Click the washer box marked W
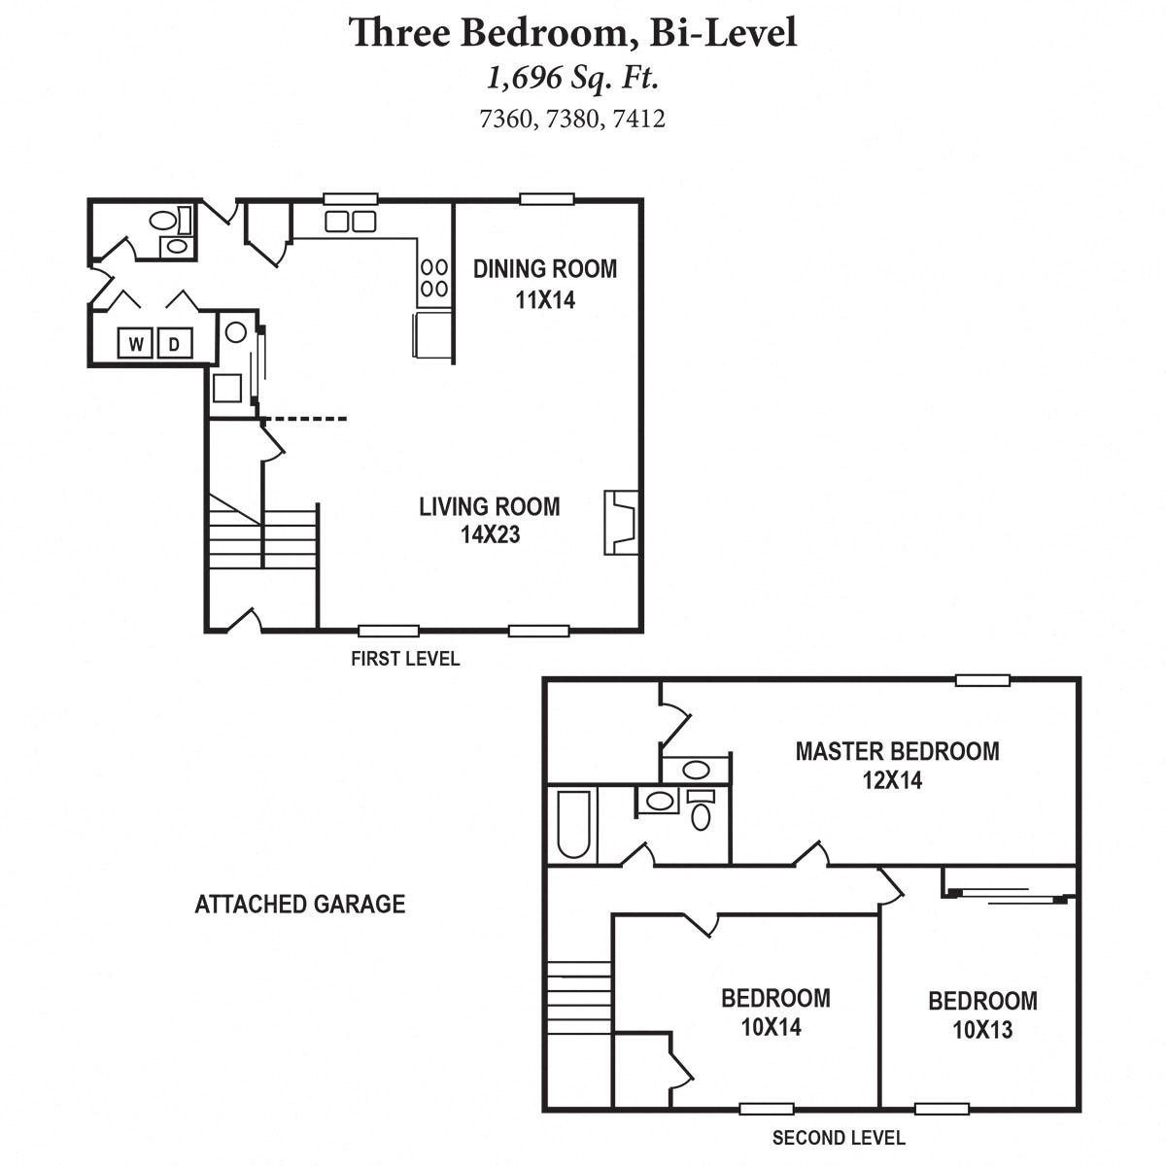(136, 343)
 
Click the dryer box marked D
(175, 343)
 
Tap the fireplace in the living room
(620, 522)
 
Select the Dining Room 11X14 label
(544, 283)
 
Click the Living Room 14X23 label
(489, 520)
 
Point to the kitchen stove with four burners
(433, 276)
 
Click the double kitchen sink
(350, 222)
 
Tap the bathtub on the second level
(572, 825)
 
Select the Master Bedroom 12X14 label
(896, 764)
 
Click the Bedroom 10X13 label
(981, 1014)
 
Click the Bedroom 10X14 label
(774, 1012)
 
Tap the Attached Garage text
(299, 905)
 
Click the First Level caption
(404, 659)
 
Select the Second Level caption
(838, 1138)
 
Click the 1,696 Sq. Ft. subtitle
(572, 78)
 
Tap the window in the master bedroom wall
(981, 680)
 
